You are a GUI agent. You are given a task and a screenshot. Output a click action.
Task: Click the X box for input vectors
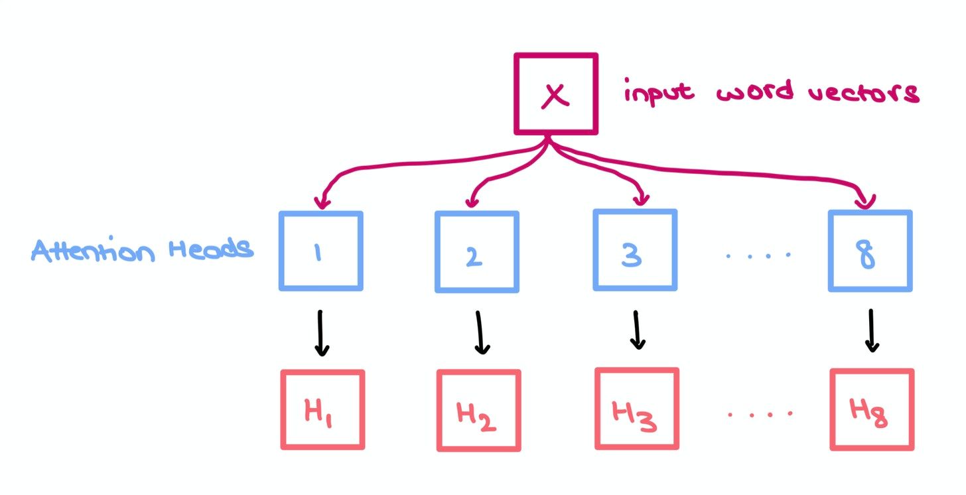tap(556, 94)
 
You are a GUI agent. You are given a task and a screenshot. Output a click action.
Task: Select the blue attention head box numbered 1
tap(320, 251)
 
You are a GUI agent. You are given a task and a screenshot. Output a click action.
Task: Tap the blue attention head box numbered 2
tap(476, 252)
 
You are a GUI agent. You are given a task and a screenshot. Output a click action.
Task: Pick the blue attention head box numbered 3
tap(635, 250)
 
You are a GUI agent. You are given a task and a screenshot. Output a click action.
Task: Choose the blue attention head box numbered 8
tap(870, 251)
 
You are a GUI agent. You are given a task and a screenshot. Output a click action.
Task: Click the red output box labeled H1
tap(322, 410)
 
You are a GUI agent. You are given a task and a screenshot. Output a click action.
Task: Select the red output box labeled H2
tap(478, 411)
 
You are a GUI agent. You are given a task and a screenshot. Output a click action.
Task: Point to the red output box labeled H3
tap(636, 409)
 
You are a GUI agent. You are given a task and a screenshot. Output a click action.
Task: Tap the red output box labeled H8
tap(871, 409)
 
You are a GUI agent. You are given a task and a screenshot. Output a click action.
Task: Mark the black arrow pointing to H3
tap(637, 330)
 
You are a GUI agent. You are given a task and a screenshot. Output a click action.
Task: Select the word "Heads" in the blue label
tap(210, 249)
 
